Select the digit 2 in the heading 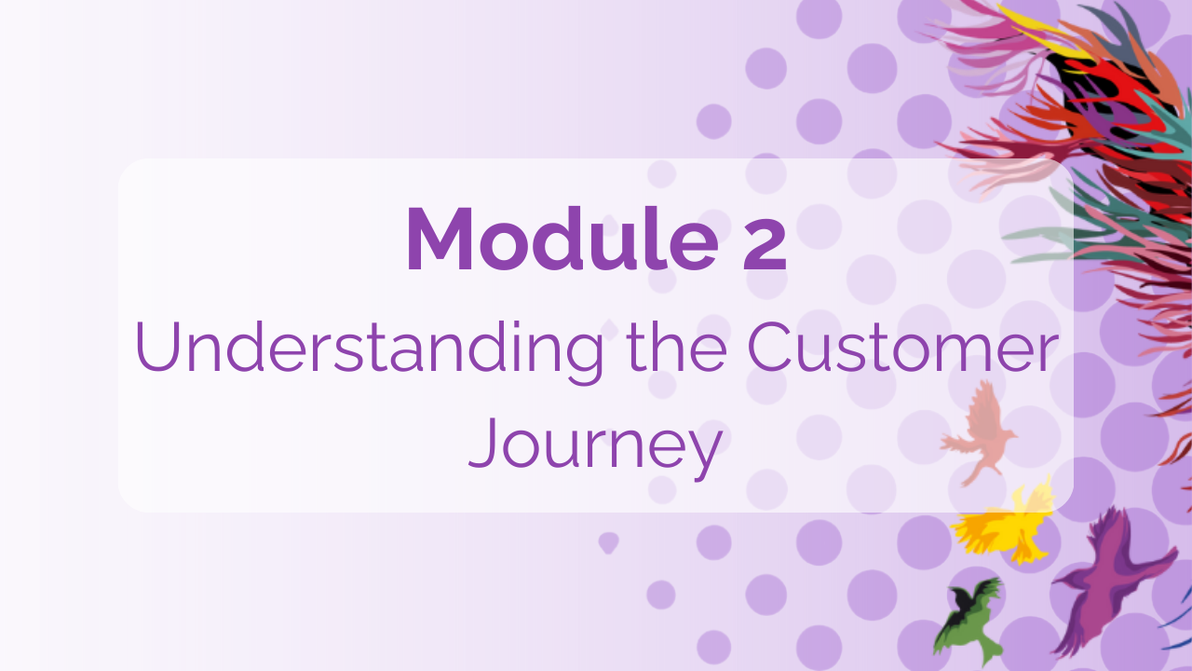click(765, 240)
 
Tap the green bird click(968, 620)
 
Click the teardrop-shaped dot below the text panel click(609, 541)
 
